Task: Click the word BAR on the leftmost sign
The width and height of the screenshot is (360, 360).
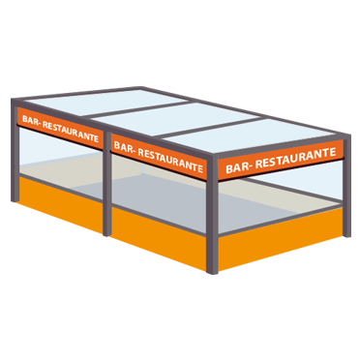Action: coord(30,120)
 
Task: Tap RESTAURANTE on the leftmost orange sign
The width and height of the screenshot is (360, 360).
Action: coord(71,131)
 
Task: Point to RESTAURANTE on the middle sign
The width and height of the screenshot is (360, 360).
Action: coord(170,160)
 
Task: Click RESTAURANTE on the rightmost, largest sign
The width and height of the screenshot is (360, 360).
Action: coord(295,157)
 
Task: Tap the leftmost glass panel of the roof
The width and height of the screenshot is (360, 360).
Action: coord(106,102)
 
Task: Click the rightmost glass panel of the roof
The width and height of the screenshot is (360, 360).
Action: coord(250,135)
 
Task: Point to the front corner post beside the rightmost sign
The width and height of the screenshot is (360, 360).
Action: coord(212,216)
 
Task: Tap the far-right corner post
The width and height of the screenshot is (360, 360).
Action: coord(346,187)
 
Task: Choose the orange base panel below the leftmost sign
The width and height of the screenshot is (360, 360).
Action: coord(61,203)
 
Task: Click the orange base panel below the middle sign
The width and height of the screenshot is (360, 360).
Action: coord(159,238)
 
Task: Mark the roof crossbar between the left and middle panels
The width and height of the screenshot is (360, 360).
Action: coord(139,109)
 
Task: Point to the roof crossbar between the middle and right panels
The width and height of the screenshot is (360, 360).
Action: coord(212,128)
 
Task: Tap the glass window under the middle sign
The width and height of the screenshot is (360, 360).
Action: coord(159,194)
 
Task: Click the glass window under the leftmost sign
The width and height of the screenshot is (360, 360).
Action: coord(61,163)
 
